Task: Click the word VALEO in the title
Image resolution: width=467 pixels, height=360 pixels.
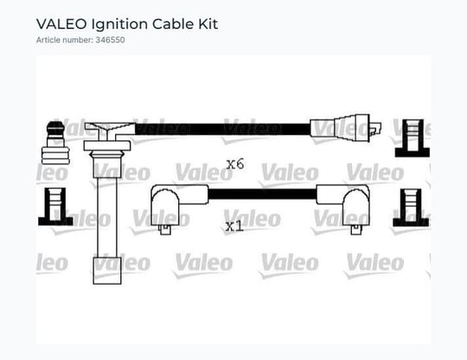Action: pyautogui.click(x=61, y=24)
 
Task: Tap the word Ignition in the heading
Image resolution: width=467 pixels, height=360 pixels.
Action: pyautogui.click(x=119, y=25)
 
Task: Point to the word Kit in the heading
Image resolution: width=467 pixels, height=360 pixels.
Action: pyautogui.click(x=208, y=24)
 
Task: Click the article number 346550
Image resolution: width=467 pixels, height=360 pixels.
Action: pyautogui.click(x=110, y=40)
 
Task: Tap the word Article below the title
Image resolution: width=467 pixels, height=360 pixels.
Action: pyautogui.click(x=48, y=40)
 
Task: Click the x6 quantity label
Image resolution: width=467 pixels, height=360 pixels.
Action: pyautogui.click(x=235, y=164)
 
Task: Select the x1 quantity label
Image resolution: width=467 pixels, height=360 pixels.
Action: pyautogui.click(x=234, y=227)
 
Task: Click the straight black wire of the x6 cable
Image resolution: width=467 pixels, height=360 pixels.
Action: pyautogui.click(x=223, y=129)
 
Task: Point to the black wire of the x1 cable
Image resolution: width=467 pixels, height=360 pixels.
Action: pyautogui.click(x=262, y=194)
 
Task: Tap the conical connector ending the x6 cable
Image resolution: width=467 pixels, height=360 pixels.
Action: pyautogui.click(x=345, y=128)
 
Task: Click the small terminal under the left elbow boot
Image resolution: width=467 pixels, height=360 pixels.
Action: pyautogui.click(x=165, y=229)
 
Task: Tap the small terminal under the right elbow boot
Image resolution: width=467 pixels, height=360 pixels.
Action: pyautogui.click(x=356, y=229)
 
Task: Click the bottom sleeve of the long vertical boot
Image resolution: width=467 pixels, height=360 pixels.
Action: pyautogui.click(x=107, y=271)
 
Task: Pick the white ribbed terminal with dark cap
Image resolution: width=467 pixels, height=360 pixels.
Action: pyautogui.click(x=55, y=143)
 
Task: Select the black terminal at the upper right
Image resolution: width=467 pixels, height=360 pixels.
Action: pyautogui.click(x=413, y=138)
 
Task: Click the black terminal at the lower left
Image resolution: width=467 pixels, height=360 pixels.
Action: pyautogui.click(x=55, y=207)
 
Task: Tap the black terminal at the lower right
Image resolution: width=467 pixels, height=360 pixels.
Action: pyautogui.click(x=411, y=208)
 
